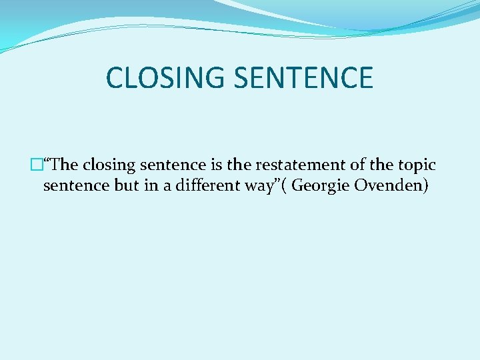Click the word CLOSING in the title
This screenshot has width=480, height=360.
pyautogui.click(x=165, y=78)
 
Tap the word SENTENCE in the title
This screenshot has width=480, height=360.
pyautogui.click(x=303, y=78)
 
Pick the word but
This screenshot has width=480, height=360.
pyautogui.click(x=127, y=185)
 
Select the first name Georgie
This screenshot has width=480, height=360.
pyautogui.click(x=321, y=186)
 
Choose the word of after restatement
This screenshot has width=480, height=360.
pyautogui.click(x=341, y=165)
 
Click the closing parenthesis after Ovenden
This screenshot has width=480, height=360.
pyautogui.click(x=425, y=186)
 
